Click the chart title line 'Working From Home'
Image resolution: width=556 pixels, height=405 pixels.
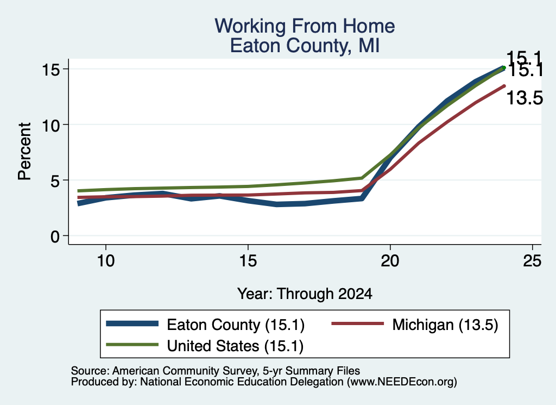[x=305, y=26]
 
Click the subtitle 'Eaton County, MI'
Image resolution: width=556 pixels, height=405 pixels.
[x=305, y=46]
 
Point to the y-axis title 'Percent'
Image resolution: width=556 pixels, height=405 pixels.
[x=24, y=151]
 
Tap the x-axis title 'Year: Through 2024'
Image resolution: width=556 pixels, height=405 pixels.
[x=305, y=294]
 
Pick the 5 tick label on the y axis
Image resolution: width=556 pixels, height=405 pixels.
[x=55, y=180]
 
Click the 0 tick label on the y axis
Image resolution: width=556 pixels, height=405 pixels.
[x=55, y=236]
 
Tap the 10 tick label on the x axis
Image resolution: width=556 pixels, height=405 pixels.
[x=106, y=261]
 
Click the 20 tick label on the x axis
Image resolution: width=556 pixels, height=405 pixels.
[x=390, y=261]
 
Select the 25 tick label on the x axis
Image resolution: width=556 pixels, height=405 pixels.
[x=532, y=261]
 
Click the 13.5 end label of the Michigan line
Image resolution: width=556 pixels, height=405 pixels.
[x=525, y=98]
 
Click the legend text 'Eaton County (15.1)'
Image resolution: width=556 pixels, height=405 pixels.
[x=236, y=325]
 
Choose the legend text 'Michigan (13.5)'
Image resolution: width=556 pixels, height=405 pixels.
[x=445, y=325]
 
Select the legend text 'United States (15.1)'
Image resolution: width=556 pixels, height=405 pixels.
[x=235, y=346]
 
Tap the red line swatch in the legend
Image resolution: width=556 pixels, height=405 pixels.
[x=358, y=323]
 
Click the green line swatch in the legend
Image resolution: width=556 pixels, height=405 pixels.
[x=132, y=344]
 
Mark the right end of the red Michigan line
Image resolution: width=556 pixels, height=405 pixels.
[x=504, y=86]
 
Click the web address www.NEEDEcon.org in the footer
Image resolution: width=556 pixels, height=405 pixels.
[x=402, y=382]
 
